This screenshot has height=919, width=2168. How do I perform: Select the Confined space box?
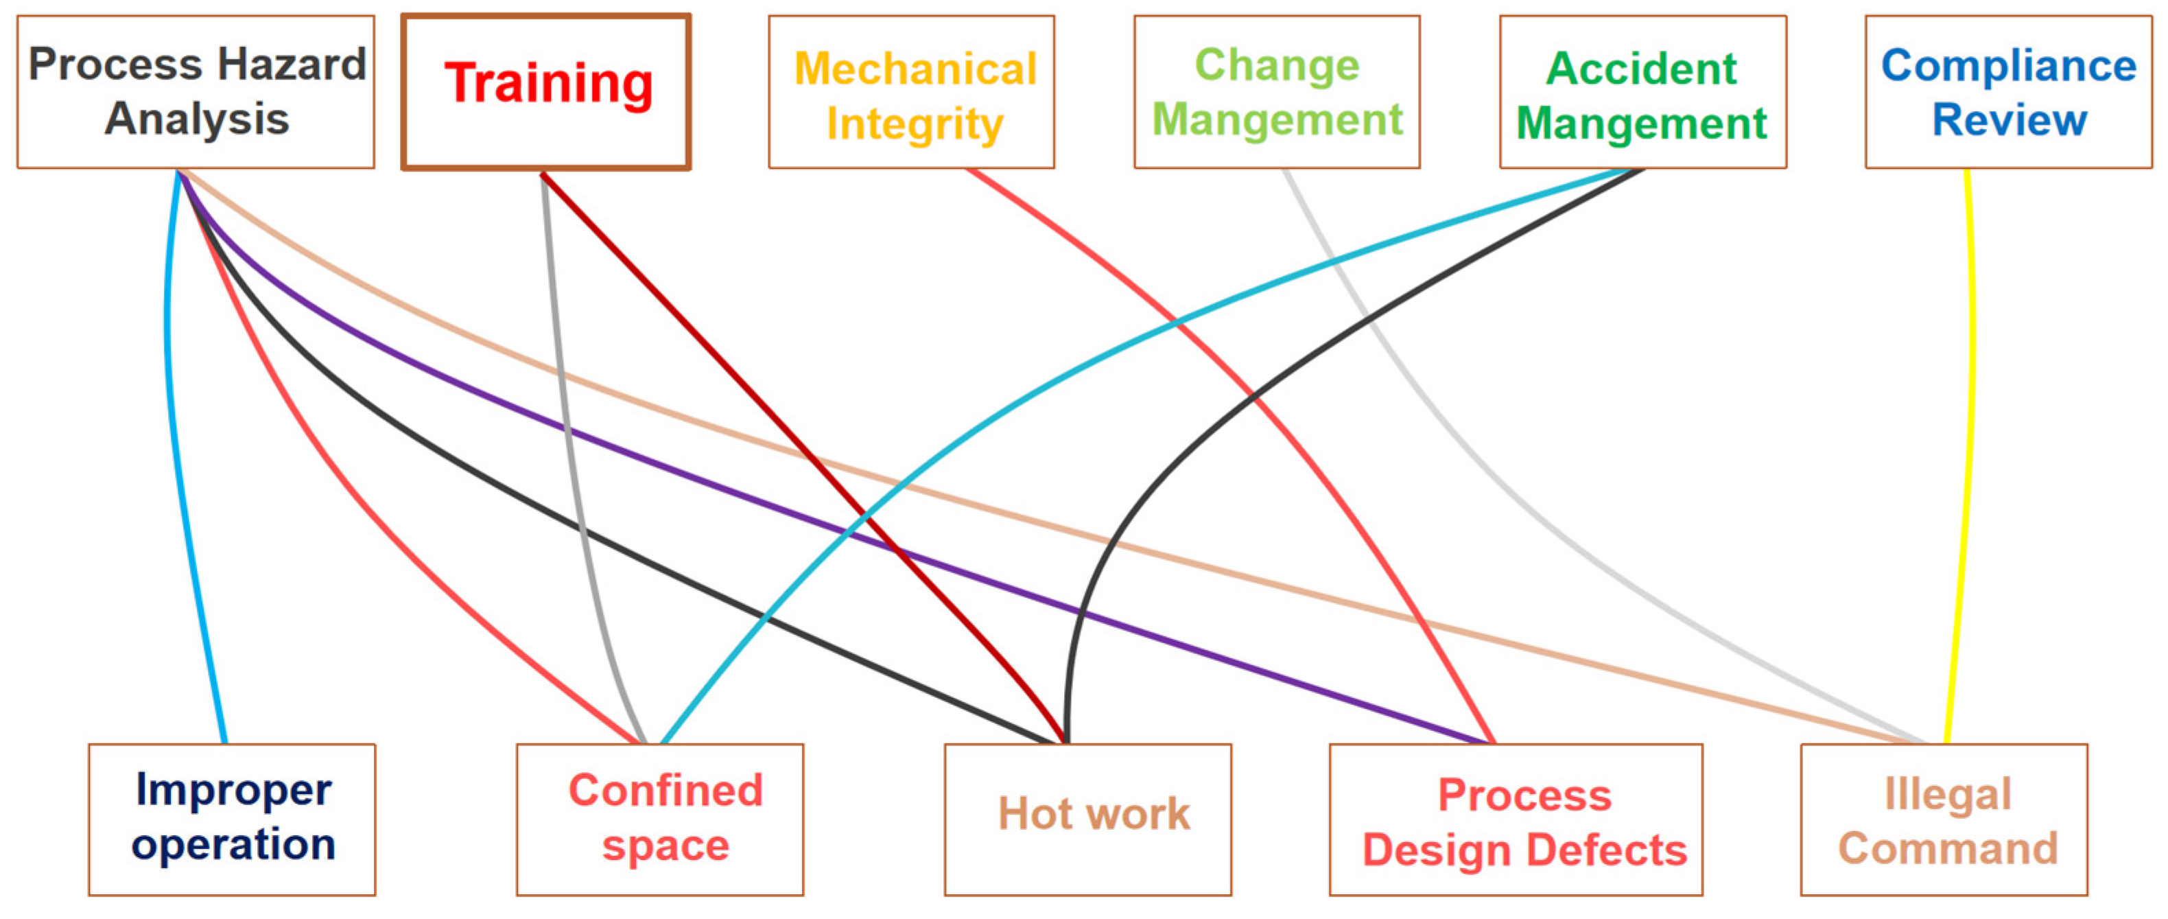[x=660, y=819]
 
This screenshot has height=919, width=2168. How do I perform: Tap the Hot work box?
[x=1087, y=819]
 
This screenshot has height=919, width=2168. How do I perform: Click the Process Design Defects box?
[x=1516, y=819]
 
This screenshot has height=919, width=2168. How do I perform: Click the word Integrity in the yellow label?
[x=914, y=123]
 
